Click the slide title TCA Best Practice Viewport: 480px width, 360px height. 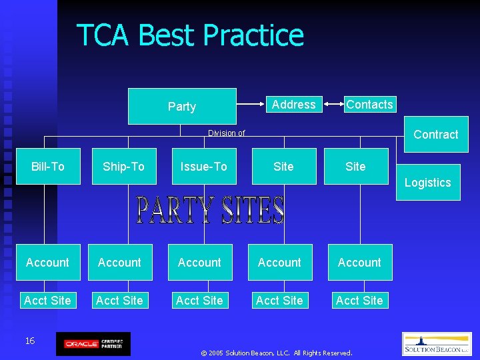190,35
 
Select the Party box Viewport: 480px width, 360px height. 181,107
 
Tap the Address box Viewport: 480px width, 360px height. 293,105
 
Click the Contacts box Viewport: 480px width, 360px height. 369,105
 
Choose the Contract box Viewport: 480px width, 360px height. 435,135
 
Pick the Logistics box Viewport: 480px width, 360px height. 427,183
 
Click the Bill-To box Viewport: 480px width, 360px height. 48,167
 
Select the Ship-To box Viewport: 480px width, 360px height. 123,167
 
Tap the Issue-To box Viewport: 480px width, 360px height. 203,167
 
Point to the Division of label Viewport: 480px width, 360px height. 226,133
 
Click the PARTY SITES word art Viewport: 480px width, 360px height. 210,211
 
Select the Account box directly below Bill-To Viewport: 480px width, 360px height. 47,263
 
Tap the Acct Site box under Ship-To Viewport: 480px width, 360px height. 119,301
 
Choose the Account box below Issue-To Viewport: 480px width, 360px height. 199,263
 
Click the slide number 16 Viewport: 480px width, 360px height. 30,341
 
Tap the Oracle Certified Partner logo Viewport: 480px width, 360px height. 93,344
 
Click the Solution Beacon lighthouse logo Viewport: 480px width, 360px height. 437,344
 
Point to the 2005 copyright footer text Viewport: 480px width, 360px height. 276,353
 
